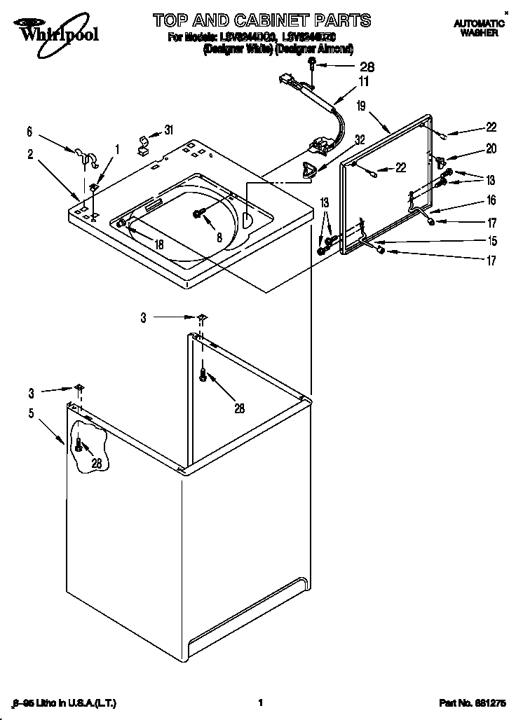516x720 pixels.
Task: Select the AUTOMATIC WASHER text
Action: pyautogui.click(x=479, y=28)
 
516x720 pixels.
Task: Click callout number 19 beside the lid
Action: pyautogui.click(x=361, y=106)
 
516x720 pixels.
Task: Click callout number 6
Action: pyautogui.click(x=29, y=131)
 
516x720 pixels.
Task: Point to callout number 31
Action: pyautogui.click(x=168, y=129)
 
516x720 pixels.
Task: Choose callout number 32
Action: pyautogui.click(x=360, y=139)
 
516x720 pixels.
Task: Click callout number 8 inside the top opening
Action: pyautogui.click(x=219, y=237)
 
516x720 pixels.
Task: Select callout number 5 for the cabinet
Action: pyautogui.click(x=31, y=413)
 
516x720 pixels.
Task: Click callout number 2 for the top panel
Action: pyautogui.click(x=31, y=155)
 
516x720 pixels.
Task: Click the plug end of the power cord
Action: pyautogui.click(x=287, y=80)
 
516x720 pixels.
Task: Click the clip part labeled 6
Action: pyautogui.click(x=83, y=155)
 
